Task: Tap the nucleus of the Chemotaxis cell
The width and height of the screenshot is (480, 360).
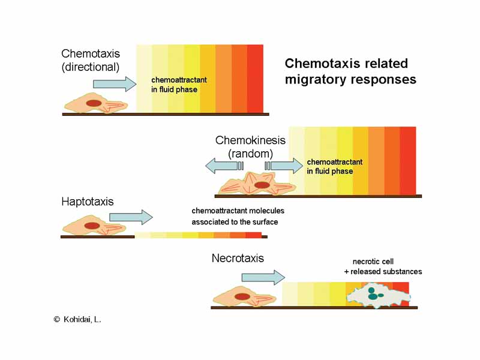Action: (94, 103)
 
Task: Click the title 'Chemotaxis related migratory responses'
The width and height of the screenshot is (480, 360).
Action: (350, 71)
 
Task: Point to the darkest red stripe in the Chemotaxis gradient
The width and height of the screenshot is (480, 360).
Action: (255, 78)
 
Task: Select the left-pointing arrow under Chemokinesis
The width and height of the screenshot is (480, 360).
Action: (223, 166)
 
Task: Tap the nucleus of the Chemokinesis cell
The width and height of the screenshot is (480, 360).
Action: (262, 185)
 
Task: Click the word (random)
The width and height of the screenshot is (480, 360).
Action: (250, 154)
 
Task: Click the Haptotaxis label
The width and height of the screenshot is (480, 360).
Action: (88, 202)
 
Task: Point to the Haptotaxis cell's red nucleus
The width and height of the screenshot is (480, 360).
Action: (92, 226)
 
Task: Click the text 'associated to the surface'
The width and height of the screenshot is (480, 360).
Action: (235, 222)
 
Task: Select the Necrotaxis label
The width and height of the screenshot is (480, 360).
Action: (238, 259)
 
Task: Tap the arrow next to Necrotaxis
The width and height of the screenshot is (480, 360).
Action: (263, 277)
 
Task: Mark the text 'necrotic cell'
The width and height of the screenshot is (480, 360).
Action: (373, 262)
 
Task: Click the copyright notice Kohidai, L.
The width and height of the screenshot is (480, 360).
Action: (77, 320)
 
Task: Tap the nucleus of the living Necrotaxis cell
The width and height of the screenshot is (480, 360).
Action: (242, 296)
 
